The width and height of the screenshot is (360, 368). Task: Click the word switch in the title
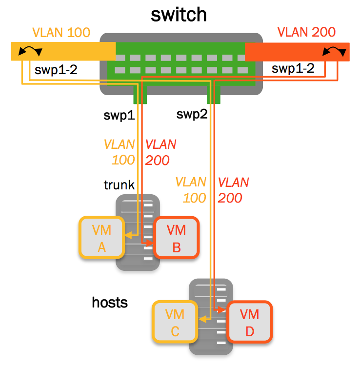click(x=179, y=15)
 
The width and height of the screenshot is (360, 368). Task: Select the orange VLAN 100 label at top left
click(x=61, y=33)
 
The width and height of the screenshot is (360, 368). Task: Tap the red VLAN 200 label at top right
click(x=306, y=33)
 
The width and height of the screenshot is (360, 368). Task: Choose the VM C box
click(x=175, y=323)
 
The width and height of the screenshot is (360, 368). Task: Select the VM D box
click(x=249, y=323)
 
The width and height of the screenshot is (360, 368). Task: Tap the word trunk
click(x=119, y=185)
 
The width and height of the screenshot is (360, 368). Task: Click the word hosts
click(x=110, y=303)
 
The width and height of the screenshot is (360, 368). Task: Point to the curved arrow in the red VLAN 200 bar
click(x=334, y=50)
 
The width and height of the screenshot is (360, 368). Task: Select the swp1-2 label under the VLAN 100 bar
click(x=56, y=69)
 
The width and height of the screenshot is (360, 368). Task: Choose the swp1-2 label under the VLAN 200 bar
click(x=293, y=69)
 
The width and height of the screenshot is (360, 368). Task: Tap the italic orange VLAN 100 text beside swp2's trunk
click(x=191, y=190)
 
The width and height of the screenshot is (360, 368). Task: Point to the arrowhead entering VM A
click(x=128, y=235)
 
